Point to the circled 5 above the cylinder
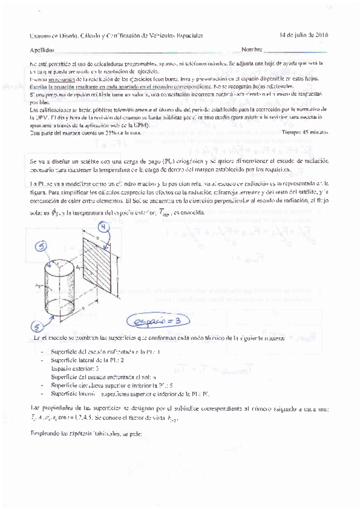[41, 246]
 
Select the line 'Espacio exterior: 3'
[75, 367]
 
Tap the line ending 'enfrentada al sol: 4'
[103, 376]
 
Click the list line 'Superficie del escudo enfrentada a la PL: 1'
[97, 351]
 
